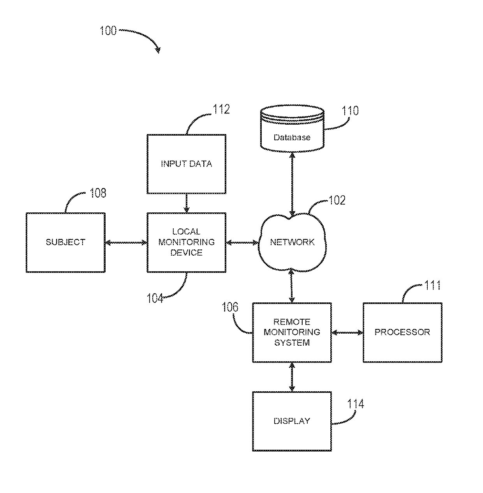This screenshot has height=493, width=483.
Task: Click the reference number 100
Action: (108, 31)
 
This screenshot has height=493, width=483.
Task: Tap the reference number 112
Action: (221, 109)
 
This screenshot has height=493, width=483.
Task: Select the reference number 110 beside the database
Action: (350, 111)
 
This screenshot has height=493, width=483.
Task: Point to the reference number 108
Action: (98, 193)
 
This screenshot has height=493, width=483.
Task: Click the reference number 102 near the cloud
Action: (337, 200)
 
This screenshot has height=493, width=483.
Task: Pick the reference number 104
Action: (155, 298)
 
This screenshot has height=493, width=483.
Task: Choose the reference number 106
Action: (230, 307)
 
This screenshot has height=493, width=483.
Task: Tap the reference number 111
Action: (432, 285)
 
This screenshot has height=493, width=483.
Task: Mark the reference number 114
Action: (355, 404)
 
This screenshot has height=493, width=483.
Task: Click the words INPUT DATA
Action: (187, 164)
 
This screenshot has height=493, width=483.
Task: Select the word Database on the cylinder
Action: (292, 138)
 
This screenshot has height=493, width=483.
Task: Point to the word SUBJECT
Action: (65, 242)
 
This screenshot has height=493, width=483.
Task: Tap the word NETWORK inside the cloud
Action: (292, 242)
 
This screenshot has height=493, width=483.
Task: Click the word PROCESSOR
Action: (402, 332)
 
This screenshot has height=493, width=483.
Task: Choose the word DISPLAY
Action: (292, 421)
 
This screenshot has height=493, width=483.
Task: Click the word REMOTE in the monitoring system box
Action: (292, 322)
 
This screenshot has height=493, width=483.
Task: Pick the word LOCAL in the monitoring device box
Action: (186, 231)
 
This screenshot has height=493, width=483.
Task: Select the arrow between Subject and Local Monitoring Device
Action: (126, 242)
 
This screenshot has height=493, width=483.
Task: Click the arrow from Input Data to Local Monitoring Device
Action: (187, 203)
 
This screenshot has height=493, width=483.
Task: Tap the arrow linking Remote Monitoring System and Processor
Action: (347, 332)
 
